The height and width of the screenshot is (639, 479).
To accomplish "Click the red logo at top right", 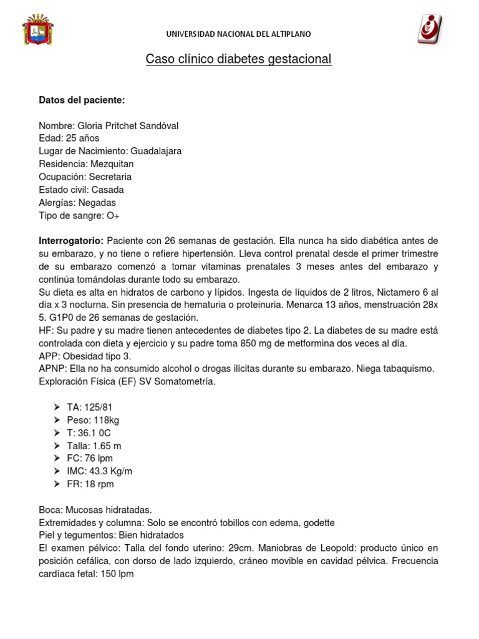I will (430, 29).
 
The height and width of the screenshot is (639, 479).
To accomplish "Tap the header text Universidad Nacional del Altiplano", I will (238, 34).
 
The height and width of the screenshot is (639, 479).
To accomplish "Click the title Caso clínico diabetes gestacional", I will (238, 59).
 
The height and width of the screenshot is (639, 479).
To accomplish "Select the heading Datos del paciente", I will (82, 100).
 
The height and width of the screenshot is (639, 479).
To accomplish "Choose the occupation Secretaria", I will (110, 177).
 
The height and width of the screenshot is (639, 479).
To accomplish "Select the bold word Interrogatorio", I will (71, 241).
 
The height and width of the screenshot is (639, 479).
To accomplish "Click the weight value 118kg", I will (105, 420).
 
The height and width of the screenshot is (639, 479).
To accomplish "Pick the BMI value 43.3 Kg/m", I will (110, 471).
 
